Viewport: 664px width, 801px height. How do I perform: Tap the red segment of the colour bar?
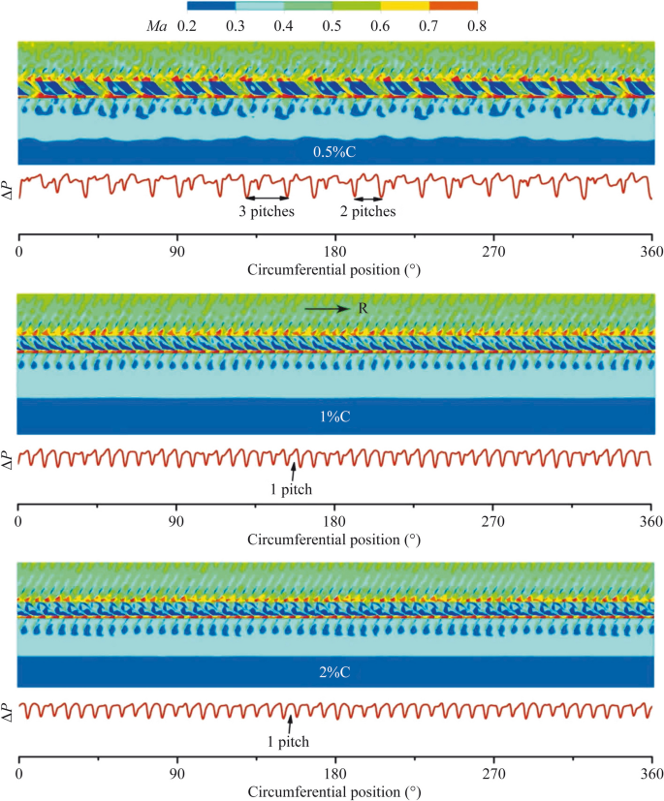[454, 7]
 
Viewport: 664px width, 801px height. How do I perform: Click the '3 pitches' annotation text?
[267, 210]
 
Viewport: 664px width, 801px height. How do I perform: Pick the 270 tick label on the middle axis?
[492, 522]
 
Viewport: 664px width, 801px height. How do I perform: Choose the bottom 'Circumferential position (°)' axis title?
[333, 792]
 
